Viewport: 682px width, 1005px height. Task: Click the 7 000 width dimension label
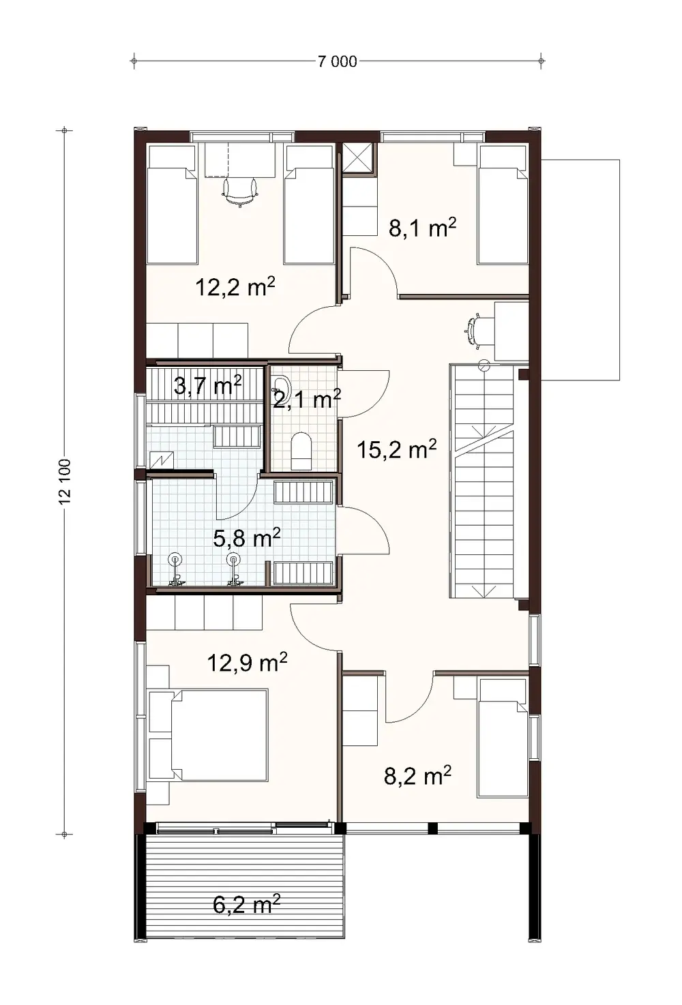coord(337,62)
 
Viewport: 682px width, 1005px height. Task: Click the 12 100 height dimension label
coord(65,481)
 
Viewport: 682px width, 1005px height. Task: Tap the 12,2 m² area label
coord(235,287)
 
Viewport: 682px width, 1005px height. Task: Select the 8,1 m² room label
coord(422,227)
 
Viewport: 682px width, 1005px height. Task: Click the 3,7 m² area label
coord(207,386)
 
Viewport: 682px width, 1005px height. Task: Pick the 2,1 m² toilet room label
coord(306,399)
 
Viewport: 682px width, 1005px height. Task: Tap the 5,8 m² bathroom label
coord(246,538)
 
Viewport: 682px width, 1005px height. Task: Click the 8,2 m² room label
coord(417,775)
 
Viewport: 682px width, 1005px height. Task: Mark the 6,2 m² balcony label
coord(246,905)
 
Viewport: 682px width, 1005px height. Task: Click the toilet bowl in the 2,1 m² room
coord(301,450)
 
